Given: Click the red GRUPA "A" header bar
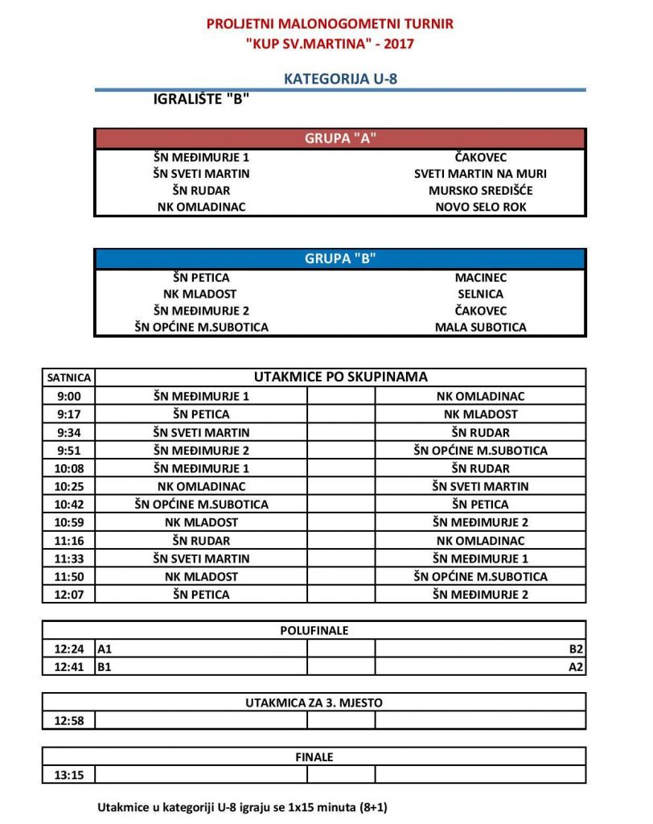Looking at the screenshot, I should click(340, 138).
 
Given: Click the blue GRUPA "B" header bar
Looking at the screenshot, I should click(340, 259).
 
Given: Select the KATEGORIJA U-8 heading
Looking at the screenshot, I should click(340, 79).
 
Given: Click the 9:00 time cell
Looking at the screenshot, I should click(68, 396).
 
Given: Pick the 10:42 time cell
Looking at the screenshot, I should click(68, 505).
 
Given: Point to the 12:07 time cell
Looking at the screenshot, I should click(68, 595).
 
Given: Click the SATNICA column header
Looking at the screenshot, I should click(68, 377).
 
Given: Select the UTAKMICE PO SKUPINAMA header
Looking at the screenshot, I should click(340, 377).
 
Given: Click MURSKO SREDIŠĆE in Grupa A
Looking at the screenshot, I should click(481, 191).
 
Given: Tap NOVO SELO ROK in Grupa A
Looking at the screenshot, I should click(481, 207).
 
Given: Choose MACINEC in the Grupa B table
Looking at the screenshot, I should click(481, 278).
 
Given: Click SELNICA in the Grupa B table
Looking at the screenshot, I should click(481, 295).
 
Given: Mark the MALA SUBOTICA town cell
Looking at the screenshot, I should click(481, 328).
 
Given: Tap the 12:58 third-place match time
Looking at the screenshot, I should click(68, 720).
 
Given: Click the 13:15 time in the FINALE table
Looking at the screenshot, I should click(68, 775).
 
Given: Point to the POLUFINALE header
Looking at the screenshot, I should click(314, 631).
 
